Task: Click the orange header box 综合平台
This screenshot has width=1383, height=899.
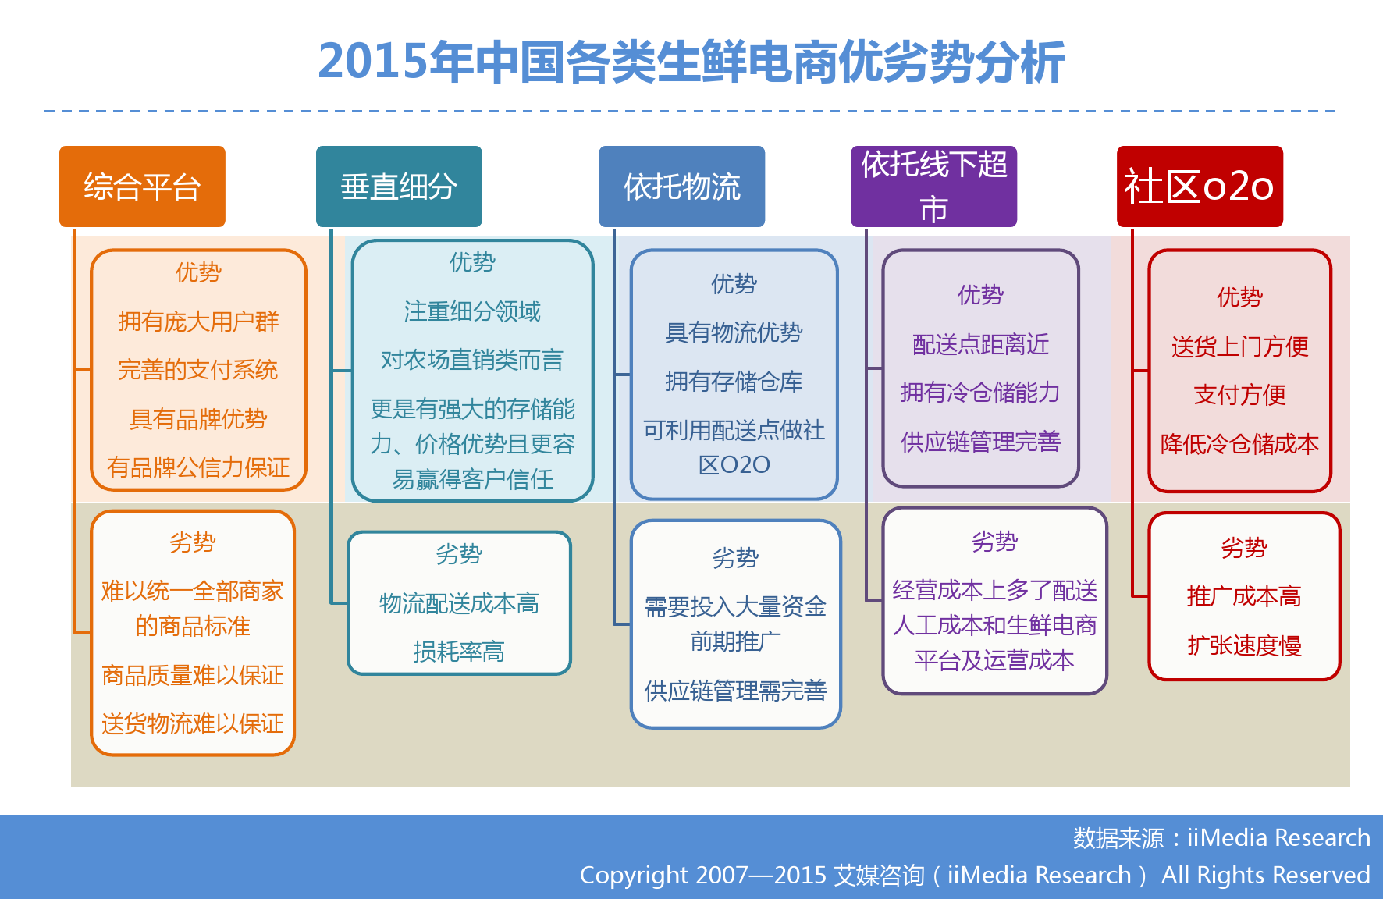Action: pos(142,187)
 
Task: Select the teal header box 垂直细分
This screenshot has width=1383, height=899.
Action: pos(399,187)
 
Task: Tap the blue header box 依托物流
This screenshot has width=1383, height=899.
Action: pos(681,187)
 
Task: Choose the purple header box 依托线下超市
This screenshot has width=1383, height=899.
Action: pos(933,187)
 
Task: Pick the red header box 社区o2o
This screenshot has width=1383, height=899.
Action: pos(1200,187)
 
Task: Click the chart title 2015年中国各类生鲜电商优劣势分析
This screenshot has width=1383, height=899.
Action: pos(691,62)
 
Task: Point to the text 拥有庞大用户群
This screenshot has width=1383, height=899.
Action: pos(198,322)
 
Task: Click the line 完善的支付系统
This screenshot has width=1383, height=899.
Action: pos(198,370)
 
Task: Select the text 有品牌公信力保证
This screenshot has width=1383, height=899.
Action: pos(198,467)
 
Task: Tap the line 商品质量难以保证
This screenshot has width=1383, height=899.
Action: pos(193,675)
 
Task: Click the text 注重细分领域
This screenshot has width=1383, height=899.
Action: pos(472,311)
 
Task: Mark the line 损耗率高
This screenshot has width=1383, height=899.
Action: pos(459,652)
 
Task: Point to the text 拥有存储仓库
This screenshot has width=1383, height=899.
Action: pos(734,382)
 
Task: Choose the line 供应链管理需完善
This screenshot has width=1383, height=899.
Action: pos(735,691)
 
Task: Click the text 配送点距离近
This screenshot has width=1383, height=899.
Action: pos(980,344)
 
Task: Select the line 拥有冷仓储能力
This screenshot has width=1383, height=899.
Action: pos(980,393)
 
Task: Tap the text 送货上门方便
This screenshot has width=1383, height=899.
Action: pos(1239,346)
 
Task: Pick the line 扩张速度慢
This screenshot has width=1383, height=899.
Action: pos(1244,645)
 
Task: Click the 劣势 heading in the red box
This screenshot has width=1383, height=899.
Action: pos(1244,548)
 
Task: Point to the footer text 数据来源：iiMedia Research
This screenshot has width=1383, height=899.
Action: pos(1221,837)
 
